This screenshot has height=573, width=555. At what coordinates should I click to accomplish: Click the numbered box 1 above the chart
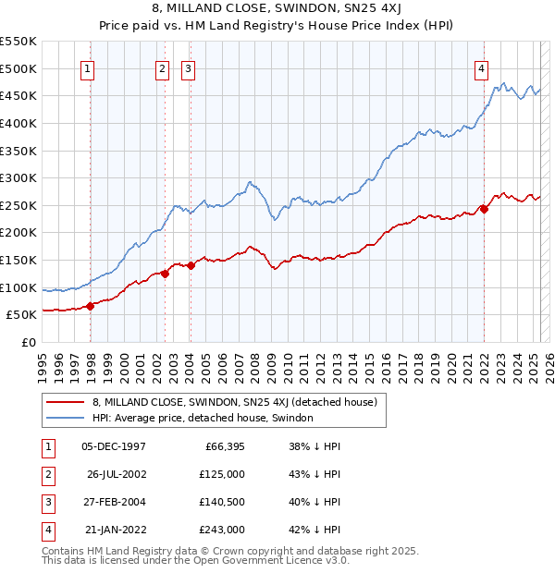click(x=87, y=67)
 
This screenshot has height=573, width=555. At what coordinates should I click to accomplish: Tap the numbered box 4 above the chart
click(x=482, y=67)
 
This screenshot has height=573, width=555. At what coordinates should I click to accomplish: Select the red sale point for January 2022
click(x=484, y=209)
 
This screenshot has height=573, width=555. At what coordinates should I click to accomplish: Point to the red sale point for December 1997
click(x=91, y=306)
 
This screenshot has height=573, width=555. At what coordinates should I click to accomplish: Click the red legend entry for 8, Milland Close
click(x=234, y=402)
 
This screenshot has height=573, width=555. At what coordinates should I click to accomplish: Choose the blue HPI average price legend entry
click(x=203, y=418)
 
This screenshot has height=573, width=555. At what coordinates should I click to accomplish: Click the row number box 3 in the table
click(x=47, y=502)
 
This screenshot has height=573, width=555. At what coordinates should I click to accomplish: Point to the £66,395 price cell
click(x=221, y=446)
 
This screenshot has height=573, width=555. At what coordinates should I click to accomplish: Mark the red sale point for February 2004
click(x=191, y=265)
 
